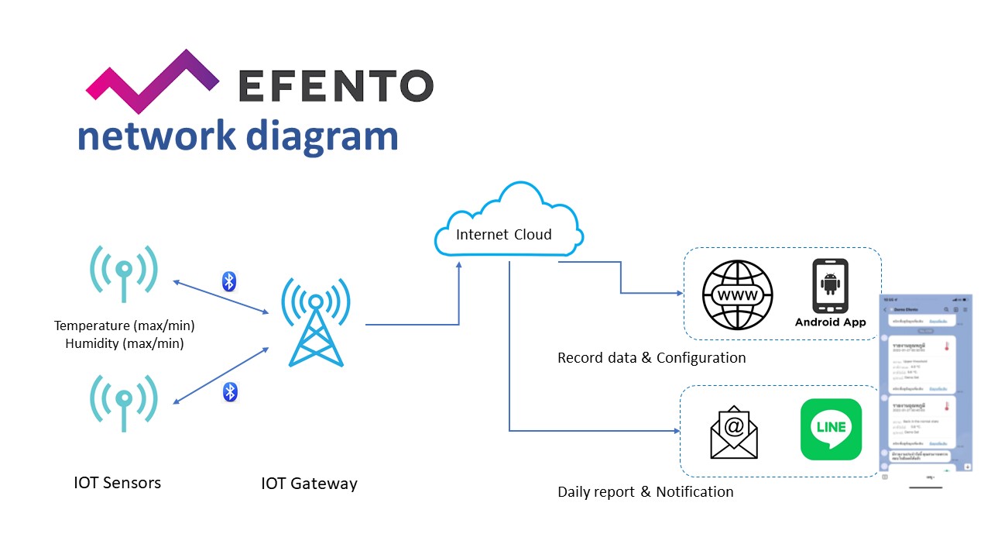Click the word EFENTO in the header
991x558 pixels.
(x=335, y=86)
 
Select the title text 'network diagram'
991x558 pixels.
(x=238, y=136)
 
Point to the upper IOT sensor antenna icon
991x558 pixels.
(x=124, y=273)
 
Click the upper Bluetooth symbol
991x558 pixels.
(x=228, y=281)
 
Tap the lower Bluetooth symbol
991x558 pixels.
(x=229, y=392)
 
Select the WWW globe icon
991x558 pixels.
(x=737, y=296)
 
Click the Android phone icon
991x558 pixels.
(x=830, y=285)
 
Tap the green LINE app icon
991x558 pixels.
(x=831, y=429)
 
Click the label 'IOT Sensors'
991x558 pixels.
(x=118, y=483)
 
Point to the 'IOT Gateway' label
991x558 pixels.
(x=310, y=484)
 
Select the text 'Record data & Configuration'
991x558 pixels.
(x=652, y=358)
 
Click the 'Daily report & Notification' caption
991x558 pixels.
(x=646, y=492)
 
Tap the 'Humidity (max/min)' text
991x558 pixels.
(x=125, y=343)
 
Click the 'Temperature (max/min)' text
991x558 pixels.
(x=125, y=326)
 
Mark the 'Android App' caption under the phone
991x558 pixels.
(x=831, y=322)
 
